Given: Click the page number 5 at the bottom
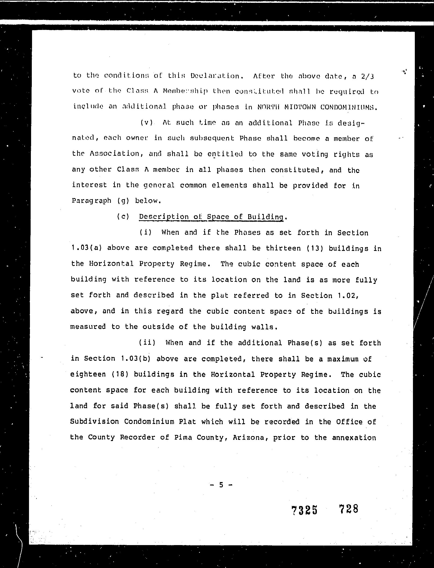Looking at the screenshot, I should pos(221,485).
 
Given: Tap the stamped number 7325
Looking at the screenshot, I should pos(304,510).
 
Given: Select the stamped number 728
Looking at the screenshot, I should pos(348,509).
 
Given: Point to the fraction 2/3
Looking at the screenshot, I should pos(368,76).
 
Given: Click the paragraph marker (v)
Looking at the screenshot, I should pos(146,123).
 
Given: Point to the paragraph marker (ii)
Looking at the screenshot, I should pos(147,343).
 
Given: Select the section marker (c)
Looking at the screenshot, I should pos(123,216).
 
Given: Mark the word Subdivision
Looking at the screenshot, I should pos(94,422).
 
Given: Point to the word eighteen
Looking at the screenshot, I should pos(88,374).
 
